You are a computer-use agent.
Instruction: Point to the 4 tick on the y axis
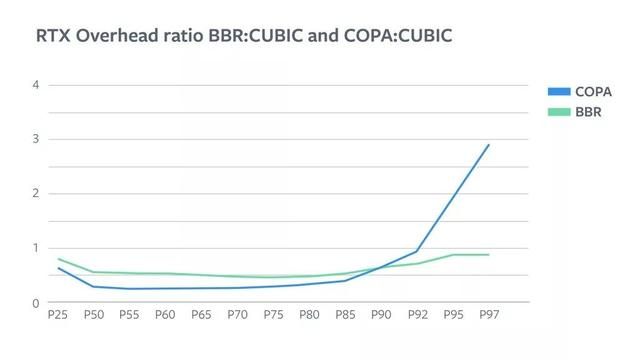[35, 85]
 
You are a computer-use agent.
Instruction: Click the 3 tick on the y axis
[35, 140]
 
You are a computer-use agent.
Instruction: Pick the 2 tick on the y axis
[35, 194]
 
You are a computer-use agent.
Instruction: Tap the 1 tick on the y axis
[35, 248]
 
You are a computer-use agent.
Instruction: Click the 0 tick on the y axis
[35, 303]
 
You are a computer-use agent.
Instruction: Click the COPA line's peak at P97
[488, 145]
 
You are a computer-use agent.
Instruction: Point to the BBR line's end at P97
[488, 255]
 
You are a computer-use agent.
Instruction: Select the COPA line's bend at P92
[416, 252]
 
